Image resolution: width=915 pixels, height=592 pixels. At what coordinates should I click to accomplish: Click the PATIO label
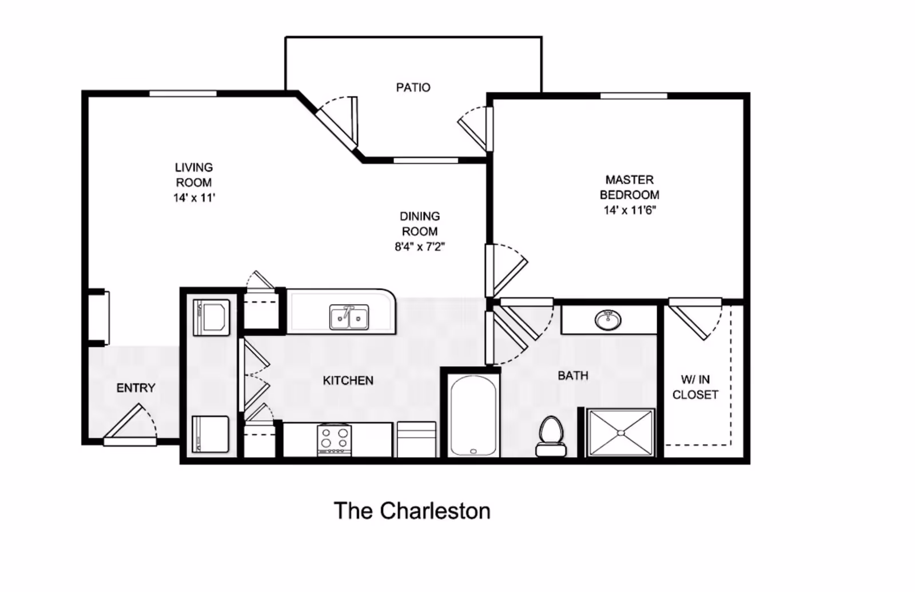pyautogui.click(x=413, y=87)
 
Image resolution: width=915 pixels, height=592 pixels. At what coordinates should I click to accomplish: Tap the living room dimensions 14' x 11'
pyautogui.click(x=194, y=198)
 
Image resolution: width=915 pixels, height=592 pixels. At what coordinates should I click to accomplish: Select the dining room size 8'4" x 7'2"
pyautogui.click(x=420, y=247)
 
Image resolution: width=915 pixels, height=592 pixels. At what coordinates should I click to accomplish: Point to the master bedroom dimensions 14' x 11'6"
pyautogui.click(x=630, y=210)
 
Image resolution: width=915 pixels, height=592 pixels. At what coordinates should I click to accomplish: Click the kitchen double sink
pyautogui.click(x=349, y=317)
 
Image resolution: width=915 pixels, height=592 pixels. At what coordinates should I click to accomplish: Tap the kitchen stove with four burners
pyautogui.click(x=335, y=440)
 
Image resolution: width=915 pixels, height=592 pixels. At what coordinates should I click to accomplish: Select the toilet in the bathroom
pyautogui.click(x=551, y=436)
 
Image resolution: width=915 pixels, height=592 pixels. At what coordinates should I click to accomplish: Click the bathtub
pyautogui.click(x=474, y=415)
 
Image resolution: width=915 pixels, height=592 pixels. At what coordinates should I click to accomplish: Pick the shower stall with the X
pyautogui.click(x=621, y=433)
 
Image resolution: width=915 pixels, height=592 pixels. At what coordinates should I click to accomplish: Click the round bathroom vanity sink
pyautogui.click(x=608, y=320)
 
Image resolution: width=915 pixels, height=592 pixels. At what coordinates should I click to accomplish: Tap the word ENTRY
pyautogui.click(x=136, y=388)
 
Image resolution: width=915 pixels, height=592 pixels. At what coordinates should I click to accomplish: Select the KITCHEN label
pyautogui.click(x=348, y=381)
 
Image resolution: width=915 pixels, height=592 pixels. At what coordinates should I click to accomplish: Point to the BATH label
pyautogui.click(x=573, y=375)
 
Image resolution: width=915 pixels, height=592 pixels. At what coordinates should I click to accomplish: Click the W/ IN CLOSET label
pyautogui.click(x=695, y=387)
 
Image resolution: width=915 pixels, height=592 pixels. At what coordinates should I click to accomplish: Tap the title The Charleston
pyautogui.click(x=412, y=511)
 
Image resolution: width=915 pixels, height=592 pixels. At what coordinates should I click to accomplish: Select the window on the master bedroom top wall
pyautogui.click(x=634, y=96)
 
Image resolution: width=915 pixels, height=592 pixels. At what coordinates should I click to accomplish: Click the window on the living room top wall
pyautogui.click(x=182, y=94)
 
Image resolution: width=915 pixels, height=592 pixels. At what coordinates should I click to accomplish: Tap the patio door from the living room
pyautogui.click(x=337, y=122)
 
